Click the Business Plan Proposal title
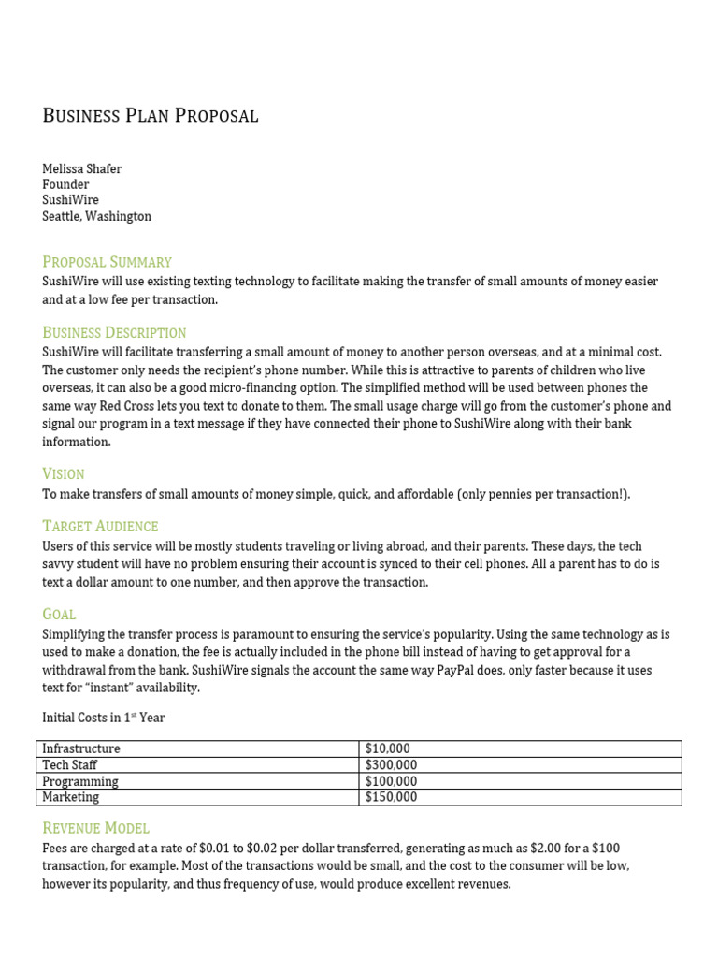click(x=151, y=116)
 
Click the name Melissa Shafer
click(x=82, y=168)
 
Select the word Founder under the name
click(x=65, y=184)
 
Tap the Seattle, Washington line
click(x=96, y=216)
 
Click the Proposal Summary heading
click(x=107, y=262)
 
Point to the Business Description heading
click(x=114, y=333)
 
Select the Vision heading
click(x=64, y=474)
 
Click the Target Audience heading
click(x=100, y=527)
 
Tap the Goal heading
click(x=59, y=615)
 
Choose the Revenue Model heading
click(x=95, y=829)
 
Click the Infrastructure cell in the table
click(x=81, y=748)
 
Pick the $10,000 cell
click(x=387, y=748)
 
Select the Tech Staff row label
click(x=70, y=765)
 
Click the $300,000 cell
click(x=391, y=765)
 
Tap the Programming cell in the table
click(x=80, y=781)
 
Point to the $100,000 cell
click(x=391, y=781)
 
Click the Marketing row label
click(x=71, y=797)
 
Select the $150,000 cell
click(x=391, y=797)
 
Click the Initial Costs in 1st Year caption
click(x=104, y=718)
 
